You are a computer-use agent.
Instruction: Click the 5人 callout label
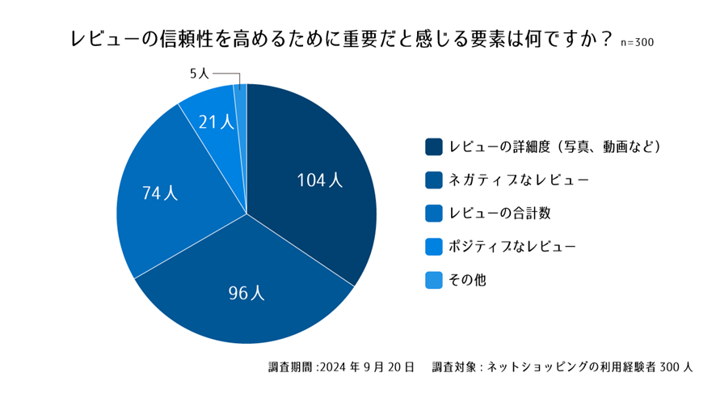[x=200, y=74]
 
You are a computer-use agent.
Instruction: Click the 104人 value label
[x=320, y=180]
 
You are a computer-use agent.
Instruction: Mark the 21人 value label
[x=217, y=122]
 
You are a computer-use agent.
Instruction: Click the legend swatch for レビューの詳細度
[x=434, y=146]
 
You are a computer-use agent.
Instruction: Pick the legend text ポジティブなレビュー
[x=512, y=247]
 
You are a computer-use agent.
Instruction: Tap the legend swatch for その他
[x=434, y=280]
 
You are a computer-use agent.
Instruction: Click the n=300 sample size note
[x=637, y=43]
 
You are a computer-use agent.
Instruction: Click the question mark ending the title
[x=605, y=38]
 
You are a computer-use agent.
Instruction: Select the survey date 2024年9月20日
[x=368, y=366]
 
